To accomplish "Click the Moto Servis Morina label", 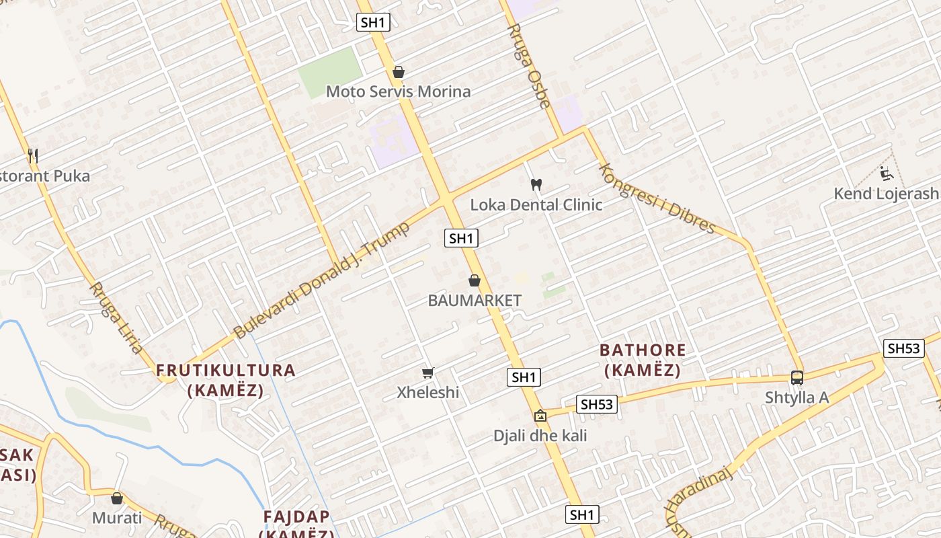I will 398,91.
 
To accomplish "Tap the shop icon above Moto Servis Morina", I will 399,72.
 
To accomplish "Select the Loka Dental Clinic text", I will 536,204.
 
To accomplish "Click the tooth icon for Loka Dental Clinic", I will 536,184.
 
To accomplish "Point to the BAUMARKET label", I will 475,301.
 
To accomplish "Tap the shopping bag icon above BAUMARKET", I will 475,280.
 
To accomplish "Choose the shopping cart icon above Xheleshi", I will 427,373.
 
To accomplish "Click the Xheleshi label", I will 427,392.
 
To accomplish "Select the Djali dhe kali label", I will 540,436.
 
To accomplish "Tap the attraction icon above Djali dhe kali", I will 540,416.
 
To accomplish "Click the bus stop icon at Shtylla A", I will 797,378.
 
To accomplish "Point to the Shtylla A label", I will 797,397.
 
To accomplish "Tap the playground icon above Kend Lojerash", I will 886,174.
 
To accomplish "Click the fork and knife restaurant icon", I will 33,156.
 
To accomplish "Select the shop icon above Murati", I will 117,498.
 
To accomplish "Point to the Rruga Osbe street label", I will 529,65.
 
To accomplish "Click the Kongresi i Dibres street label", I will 656,198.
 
